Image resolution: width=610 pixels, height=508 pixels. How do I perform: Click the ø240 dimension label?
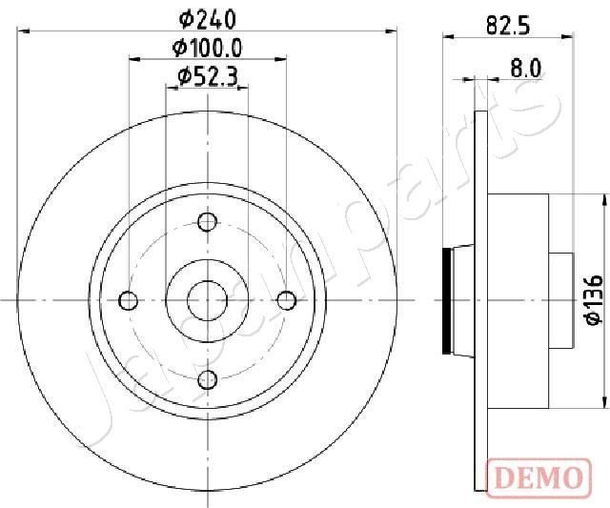(207, 17)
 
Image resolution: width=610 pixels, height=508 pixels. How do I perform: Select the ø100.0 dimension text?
(207, 47)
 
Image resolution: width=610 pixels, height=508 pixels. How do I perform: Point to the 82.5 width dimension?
(507, 27)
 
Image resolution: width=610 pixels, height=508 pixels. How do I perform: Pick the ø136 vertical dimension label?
(593, 300)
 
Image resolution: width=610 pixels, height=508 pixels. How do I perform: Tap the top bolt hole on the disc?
(207, 222)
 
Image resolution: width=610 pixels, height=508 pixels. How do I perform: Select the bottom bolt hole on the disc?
(207, 380)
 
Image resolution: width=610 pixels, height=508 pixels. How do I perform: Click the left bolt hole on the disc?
(128, 301)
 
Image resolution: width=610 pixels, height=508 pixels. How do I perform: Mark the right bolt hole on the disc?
(286, 301)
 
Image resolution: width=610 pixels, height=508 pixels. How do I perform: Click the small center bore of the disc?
(207, 301)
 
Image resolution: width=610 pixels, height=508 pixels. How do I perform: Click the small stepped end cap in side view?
(560, 300)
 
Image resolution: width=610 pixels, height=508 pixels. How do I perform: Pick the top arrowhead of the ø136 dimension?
(605, 198)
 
